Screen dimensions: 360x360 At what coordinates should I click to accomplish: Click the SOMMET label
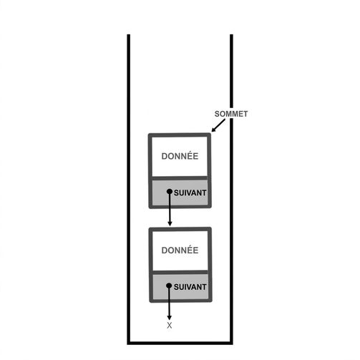[x=231, y=114]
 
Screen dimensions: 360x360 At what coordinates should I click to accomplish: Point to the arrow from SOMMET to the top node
[x=218, y=126]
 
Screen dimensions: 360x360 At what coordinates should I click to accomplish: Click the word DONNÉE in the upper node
[x=180, y=156]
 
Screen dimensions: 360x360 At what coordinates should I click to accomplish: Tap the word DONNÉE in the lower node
[x=180, y=250]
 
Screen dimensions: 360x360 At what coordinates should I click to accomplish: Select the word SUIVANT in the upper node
[x=190, y=193]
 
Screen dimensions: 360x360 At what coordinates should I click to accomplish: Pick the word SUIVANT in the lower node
[x=190, y=287]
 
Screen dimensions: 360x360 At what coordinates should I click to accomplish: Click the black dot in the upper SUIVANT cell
[x=170, y=191]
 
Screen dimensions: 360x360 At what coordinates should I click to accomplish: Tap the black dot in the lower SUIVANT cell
[x=169, y=286]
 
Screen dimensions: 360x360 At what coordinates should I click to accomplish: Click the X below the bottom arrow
[x=170, y=326]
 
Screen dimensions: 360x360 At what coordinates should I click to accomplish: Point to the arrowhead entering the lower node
[x=170, y=223]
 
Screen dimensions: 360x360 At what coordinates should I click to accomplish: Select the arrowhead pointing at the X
[x=169, y=318]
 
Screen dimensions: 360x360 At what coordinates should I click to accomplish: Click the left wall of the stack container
[x=129, y=188]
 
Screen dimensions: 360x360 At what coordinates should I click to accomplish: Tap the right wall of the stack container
[x=231, y=188]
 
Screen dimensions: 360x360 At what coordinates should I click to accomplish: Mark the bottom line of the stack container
[x=180, y=343]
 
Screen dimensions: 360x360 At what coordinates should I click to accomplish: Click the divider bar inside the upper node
[x=180, y=178]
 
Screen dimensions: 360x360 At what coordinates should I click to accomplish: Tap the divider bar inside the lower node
[x=180, y=272]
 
